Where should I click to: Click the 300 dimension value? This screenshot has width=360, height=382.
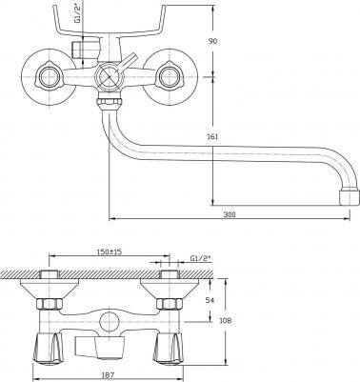(x=230, y=214)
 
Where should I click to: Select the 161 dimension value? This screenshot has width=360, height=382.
(x=212, y=137)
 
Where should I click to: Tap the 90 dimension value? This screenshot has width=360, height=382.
(x=212, y=41)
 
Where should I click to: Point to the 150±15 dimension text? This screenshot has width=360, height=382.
(x=109, y=251)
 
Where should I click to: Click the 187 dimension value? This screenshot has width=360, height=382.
(x=109, y=375)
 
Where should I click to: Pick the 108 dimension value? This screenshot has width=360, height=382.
(x=226, y=320)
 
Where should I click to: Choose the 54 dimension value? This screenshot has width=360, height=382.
(x=210, y=300)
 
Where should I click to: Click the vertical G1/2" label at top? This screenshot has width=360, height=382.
(x=77, y=11)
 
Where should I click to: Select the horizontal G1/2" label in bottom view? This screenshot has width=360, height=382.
(x=201, y=258)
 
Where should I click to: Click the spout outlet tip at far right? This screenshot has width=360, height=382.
(x=350, y=197)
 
